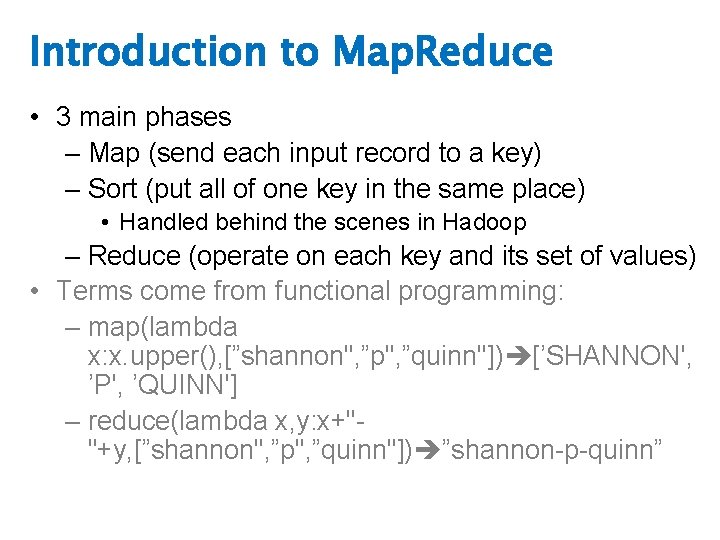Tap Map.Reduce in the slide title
[x=442, y=51]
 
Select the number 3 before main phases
[x=63, y=118]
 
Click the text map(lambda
[x=163, y=326]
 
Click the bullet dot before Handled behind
[x=106, y=222]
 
